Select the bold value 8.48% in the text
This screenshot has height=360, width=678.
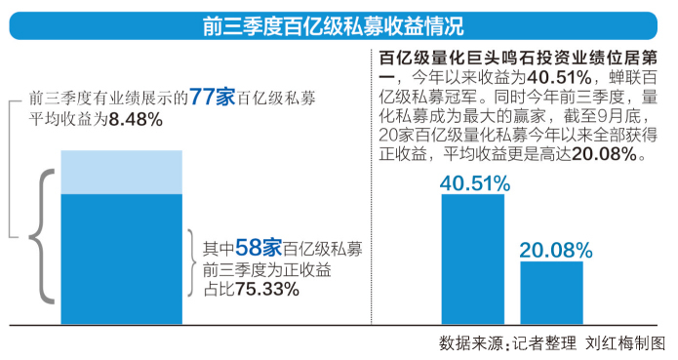[x=136, y=119]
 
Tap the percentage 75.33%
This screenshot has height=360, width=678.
[x=266, y=289]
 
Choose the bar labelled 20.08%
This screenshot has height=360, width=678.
[x=550, y=289]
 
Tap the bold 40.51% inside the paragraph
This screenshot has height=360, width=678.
[x=529, y=75]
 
